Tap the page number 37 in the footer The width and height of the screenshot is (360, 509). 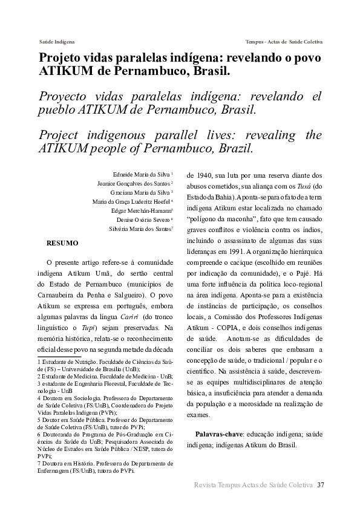[321, 485]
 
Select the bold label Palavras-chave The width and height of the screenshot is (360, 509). [217, 435]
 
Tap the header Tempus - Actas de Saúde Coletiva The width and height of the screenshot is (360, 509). [284, 42]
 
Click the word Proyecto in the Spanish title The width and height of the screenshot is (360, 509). [64, 97]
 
